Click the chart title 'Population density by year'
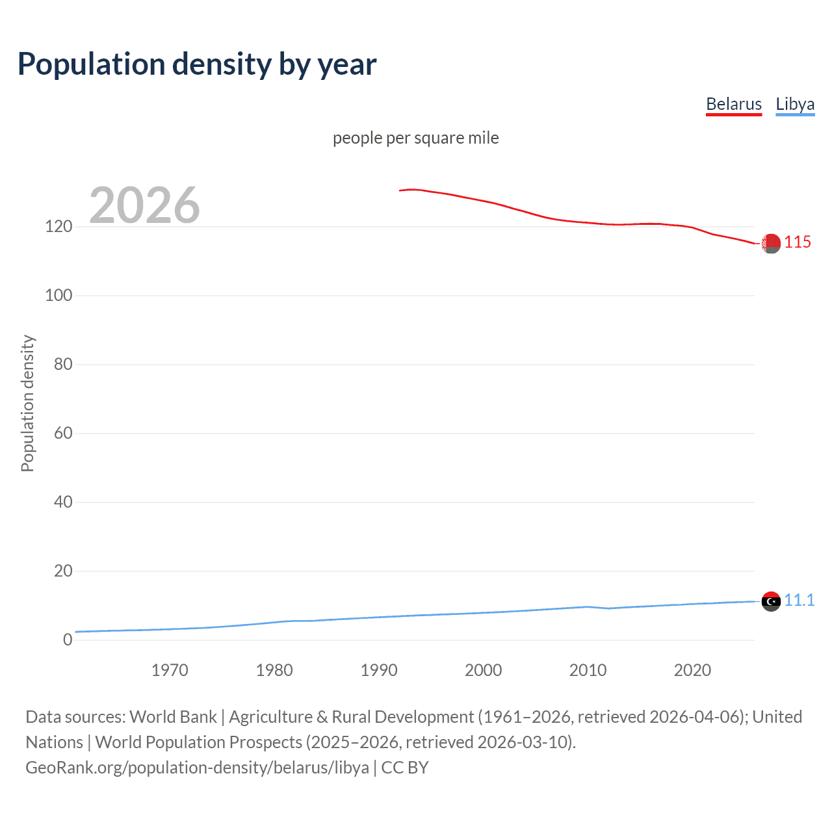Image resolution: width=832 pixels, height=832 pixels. tap(197, 64)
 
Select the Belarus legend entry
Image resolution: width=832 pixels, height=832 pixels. tap(733, 104)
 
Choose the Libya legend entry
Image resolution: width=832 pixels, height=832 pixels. tap(794, 104)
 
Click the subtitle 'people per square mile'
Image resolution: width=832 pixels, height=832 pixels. tap(415, 138)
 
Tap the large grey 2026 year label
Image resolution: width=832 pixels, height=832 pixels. tap(144, 205)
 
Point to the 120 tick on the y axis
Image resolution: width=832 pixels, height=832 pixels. tap(58, 227)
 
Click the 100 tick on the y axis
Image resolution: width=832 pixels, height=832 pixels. tap(58, 296)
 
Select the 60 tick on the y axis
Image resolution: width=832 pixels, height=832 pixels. tap(63, 434)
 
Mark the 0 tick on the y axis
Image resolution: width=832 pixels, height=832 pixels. tap(68, 640)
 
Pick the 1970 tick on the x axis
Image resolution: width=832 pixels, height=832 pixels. tap(170, 670)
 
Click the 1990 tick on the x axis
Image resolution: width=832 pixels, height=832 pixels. tap(379, 670)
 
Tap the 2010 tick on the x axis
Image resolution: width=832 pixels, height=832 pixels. tap(588, 670)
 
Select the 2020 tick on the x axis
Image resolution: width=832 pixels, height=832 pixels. tap(692, 670)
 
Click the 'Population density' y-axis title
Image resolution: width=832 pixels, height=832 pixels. tap(27, 403)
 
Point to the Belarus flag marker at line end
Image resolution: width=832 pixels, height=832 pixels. tap(771, 244)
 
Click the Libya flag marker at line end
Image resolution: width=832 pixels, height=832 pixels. tap(771, 601)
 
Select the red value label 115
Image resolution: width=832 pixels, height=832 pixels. tap(798, 242)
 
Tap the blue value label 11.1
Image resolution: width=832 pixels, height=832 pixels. tap(799, 600)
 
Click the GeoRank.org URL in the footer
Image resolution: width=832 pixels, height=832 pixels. tap(197, 768)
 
